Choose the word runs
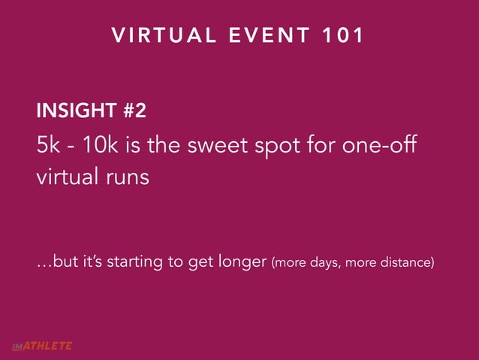(x=125, y=180)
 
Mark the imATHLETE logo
(x=41, y=346)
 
